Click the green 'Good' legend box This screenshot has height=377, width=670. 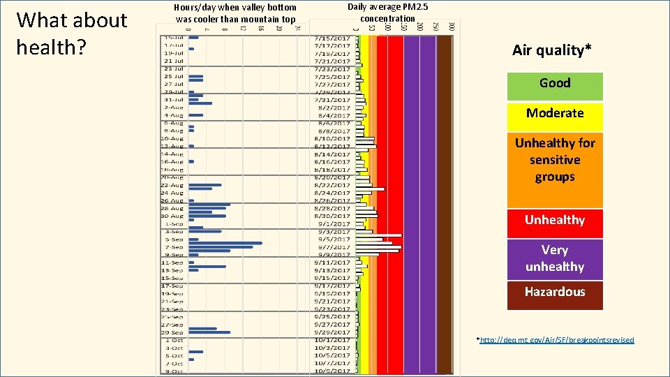click(x=555, y=84)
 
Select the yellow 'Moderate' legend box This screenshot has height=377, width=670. click(x=555, y=113)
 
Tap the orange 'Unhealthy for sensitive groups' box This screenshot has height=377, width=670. click(x=555, y=161)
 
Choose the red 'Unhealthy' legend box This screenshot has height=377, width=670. click(x=555, y=220)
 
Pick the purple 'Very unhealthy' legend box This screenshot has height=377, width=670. click(x=555, y=258)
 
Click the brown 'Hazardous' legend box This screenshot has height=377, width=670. click(x=555, y=292)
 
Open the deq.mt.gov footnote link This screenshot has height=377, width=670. click(x=556, y=340)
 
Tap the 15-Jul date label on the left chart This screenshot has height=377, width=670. click(x=173, y=37)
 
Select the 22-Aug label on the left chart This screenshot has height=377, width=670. click(x=173, y=185)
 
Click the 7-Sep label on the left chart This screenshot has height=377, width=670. click(x=173, y=247)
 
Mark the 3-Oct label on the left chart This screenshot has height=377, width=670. click(x=173, y=348)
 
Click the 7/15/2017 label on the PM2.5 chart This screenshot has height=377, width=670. click(x=332, y=38)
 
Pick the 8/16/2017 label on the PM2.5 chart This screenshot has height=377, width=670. click(x=332, y=161)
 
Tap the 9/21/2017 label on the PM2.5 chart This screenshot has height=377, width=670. click(x=332, y=301)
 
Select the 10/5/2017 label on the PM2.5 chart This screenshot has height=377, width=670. click(x=332, y=355)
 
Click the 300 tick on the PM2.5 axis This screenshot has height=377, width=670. click(x=452, y=27)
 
